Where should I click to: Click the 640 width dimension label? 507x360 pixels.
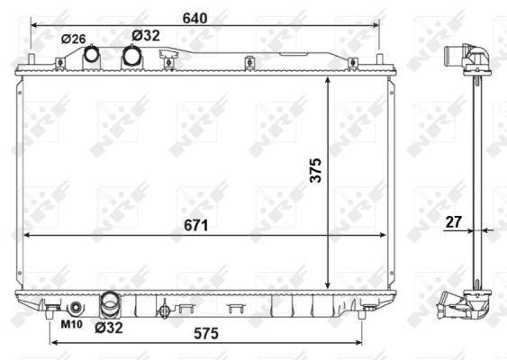[x=195, y=18]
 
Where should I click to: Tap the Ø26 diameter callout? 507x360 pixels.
[x=74, y=39]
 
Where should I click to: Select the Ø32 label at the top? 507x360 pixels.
[x=146, y=35]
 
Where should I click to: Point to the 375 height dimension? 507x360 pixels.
[x=315, y=170]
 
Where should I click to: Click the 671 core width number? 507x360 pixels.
[x=196, y=225]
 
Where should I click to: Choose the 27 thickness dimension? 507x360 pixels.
[x=453, y=222]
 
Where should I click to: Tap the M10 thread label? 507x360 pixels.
[x=72, y=324]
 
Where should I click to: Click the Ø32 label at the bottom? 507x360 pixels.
[x=109, y=328]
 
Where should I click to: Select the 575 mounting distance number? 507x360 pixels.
[x=206, y=334]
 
